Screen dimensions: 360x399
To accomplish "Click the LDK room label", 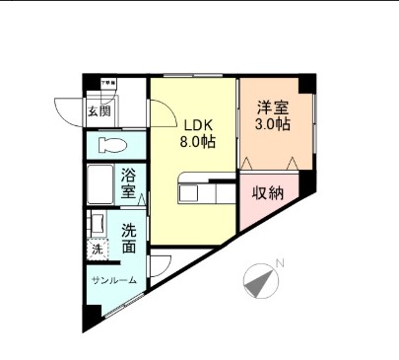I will point(191,124).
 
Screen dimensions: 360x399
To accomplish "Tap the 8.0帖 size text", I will point(193,142).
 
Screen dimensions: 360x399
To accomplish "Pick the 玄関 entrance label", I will point(100,111).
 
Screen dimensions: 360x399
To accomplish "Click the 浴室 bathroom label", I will point(129,184).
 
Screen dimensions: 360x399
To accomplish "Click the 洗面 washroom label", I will point(129,238).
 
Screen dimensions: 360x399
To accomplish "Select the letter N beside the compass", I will point(280,263).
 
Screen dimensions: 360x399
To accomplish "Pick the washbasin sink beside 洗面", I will point(97,224).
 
